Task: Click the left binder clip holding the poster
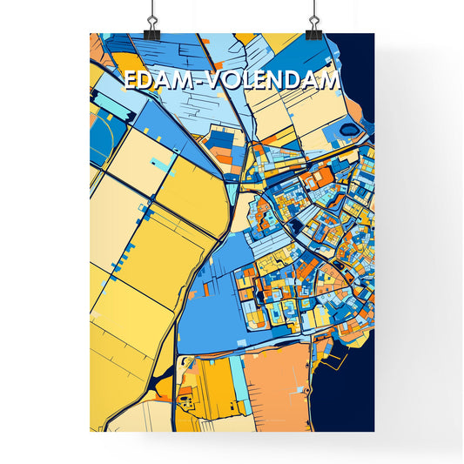coord(151,18)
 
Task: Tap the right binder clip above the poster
coord(312,18)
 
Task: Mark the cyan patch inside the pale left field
coord(159,163)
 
